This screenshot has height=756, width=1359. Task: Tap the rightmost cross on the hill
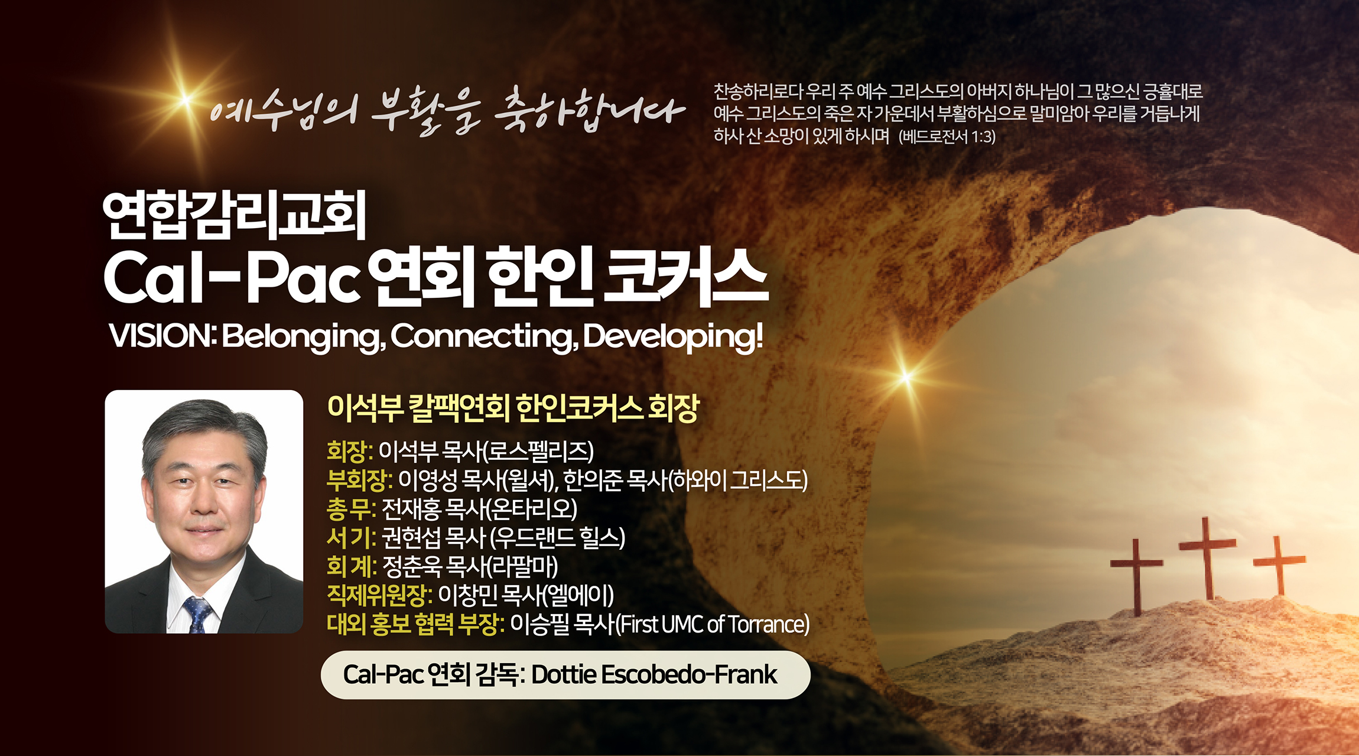[1279, 564]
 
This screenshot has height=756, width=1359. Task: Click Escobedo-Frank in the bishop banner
[689, 674]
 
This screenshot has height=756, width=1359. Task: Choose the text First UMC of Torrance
[713, 624]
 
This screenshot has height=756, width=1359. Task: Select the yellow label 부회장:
[359, 481]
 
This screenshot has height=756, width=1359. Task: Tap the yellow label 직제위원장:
[379, 595]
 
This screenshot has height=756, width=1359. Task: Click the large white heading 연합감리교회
[235, 215]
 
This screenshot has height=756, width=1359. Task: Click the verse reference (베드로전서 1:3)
[947, 137]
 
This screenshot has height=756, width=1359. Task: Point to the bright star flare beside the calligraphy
[186, 99]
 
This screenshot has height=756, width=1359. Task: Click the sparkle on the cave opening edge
[906, 377]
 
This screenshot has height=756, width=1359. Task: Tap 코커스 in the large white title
[685, 278]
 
